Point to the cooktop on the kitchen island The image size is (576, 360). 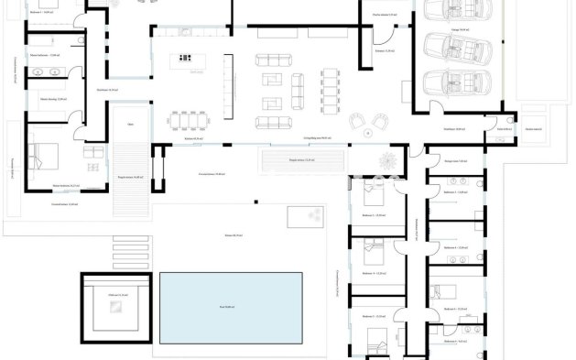(x=194, y=60)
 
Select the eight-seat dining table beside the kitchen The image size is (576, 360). (x=190, y=119)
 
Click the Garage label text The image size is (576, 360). (x=463, y=31)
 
